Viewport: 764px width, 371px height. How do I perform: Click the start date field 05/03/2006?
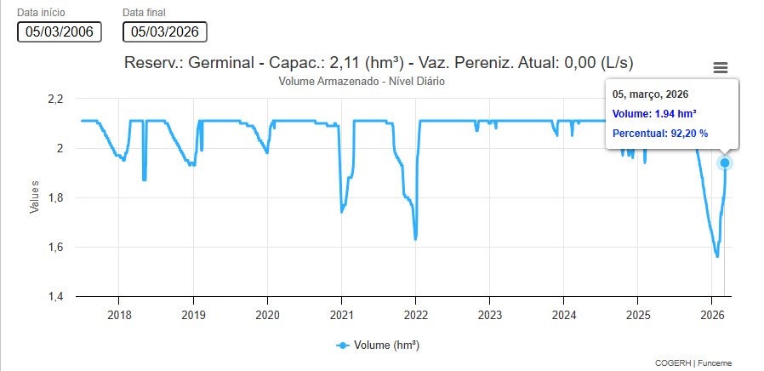[60, 31]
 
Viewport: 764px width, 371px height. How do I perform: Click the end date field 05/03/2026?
[165, 31]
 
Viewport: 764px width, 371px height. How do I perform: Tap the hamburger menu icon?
[721, 68]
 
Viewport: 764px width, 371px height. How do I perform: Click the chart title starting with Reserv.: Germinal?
[379, 63]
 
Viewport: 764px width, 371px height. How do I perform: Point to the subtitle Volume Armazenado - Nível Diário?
[362, 81]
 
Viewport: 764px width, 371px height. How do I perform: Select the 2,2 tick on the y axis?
[54, 100]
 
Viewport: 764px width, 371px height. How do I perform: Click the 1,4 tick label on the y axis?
[54, 297]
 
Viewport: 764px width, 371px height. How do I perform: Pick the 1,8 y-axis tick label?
[54, 198]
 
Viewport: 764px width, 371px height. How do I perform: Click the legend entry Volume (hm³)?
[378, 345]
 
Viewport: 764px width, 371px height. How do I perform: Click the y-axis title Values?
[35, 197]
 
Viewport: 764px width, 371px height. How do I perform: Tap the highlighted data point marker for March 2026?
[725, 163]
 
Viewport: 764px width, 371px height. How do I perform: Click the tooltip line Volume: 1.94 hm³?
[655, 113]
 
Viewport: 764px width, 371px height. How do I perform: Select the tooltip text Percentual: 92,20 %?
[660, 133]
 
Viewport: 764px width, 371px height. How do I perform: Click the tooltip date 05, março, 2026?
[650, 94]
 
